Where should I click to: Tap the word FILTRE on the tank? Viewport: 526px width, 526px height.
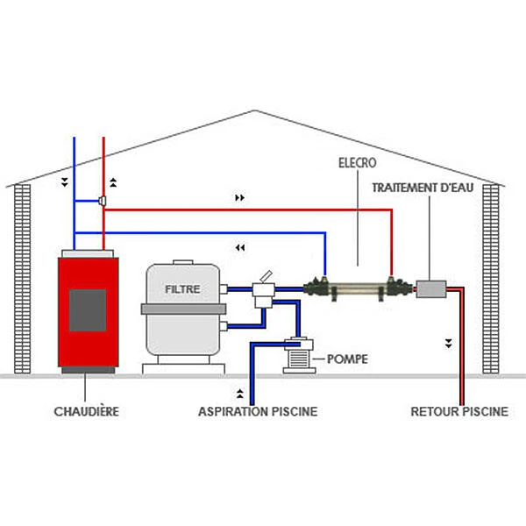coord(183,288)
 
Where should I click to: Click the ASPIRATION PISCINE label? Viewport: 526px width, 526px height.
coord(258,410)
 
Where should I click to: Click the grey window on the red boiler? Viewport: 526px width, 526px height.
coord(88,309)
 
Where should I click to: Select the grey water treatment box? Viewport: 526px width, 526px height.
coord(430,288)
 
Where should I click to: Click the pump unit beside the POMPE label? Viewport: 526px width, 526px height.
coord(298,355)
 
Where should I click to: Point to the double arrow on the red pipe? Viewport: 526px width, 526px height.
coord(240,198)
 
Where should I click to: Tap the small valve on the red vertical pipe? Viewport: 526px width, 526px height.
coord(103,202)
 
